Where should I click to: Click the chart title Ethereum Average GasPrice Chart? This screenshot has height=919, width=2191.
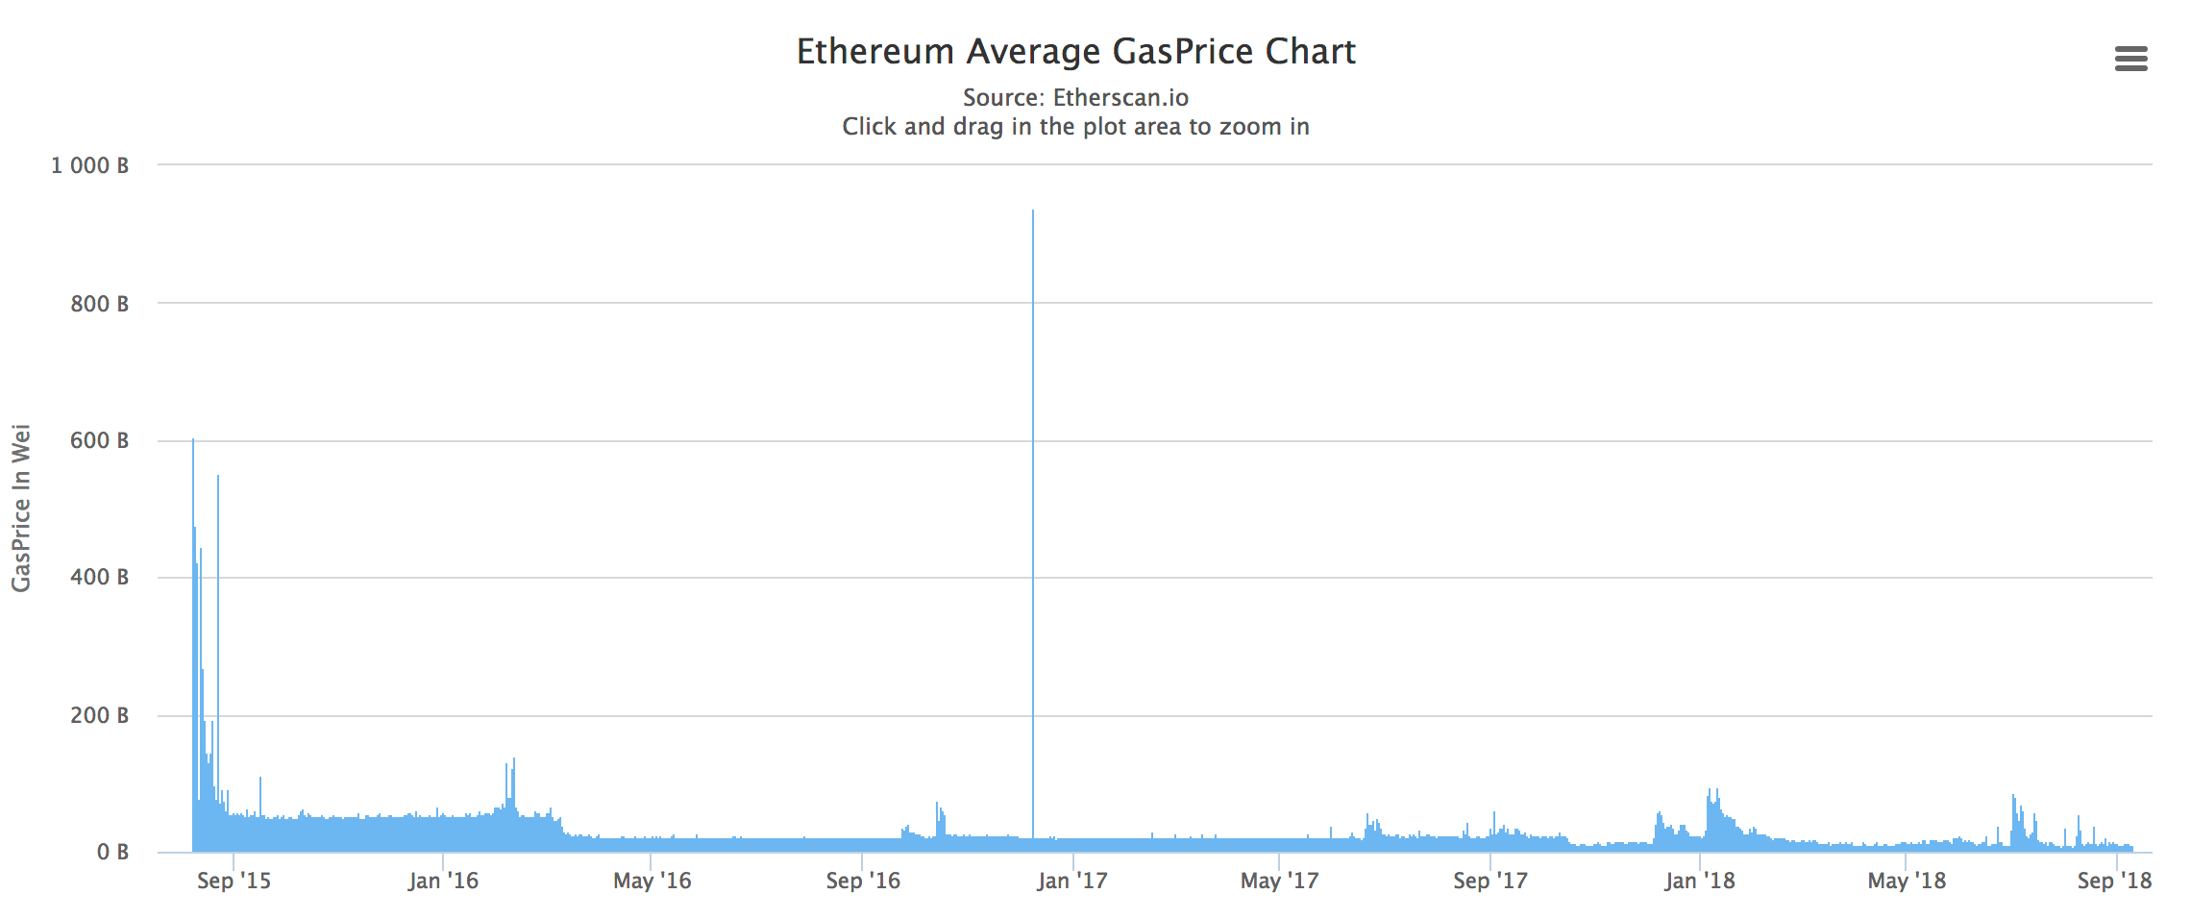tap(1075, 52)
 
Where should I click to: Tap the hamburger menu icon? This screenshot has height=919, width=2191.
tap(2130, 60)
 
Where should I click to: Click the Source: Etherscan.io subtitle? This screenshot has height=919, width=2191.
tap(1075, 98)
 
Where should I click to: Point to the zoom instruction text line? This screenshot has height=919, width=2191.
tap(1075, 127)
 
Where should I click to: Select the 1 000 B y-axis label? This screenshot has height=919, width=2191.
tap(89, 166)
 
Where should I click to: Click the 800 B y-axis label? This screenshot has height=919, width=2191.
tap(99, 304)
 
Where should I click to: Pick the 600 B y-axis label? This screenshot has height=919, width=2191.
tap(99, 441)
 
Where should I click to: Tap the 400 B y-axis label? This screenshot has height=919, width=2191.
tap(99, 578)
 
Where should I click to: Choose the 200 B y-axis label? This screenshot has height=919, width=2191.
tap(99, 715)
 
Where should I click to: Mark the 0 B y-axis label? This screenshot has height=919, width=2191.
tap(111, 853)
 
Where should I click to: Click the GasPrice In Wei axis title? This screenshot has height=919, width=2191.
tap(21, 509)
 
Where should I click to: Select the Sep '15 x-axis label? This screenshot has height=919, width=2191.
tap(234, 882)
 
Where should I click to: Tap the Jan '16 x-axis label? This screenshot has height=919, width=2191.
tap(443, 882)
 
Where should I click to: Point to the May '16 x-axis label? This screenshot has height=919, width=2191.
tap(652, 882)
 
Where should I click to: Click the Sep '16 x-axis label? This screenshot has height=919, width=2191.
tap(863, 882)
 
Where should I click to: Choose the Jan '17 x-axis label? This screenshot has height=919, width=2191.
tap(1071, 882)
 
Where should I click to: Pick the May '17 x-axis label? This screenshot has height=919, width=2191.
tap(1279, 882)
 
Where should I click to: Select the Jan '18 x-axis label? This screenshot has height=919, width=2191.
tap(1699, 882)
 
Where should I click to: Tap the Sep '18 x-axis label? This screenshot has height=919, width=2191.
tap(2114, 882)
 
